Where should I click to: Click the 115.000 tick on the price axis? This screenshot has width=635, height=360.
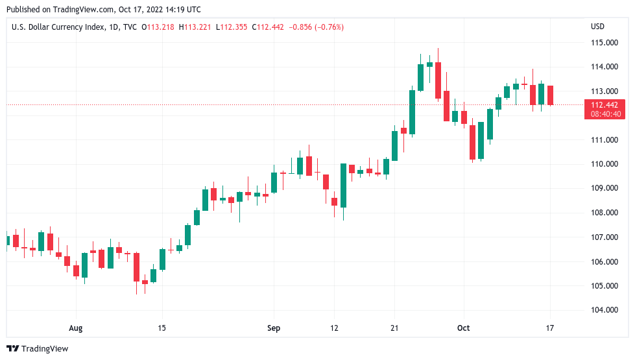click(605, 43)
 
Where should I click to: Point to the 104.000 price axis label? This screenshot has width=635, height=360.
click(605, 310)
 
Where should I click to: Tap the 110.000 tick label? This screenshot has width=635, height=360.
click(605, 164)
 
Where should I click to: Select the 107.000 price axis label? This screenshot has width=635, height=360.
click(605, 237)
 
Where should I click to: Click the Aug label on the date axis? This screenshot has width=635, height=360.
click(77, 328)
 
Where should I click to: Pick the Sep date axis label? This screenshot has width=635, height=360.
click(274, 328)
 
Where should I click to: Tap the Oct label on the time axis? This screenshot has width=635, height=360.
click(462, 328)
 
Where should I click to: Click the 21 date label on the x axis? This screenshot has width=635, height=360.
click(394, 328)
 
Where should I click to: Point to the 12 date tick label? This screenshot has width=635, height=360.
click(334, 328)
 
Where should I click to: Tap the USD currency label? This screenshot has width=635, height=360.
click(597, 27)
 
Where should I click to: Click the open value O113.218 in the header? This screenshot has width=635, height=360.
click(158, 27)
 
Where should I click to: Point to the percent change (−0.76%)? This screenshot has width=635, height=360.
click(329, 27)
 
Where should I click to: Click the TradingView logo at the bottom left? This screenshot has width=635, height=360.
click(37, 348)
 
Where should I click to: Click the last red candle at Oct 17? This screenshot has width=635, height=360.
click(550, 95)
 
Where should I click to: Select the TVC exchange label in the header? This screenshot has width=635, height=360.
click(130, 27)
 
